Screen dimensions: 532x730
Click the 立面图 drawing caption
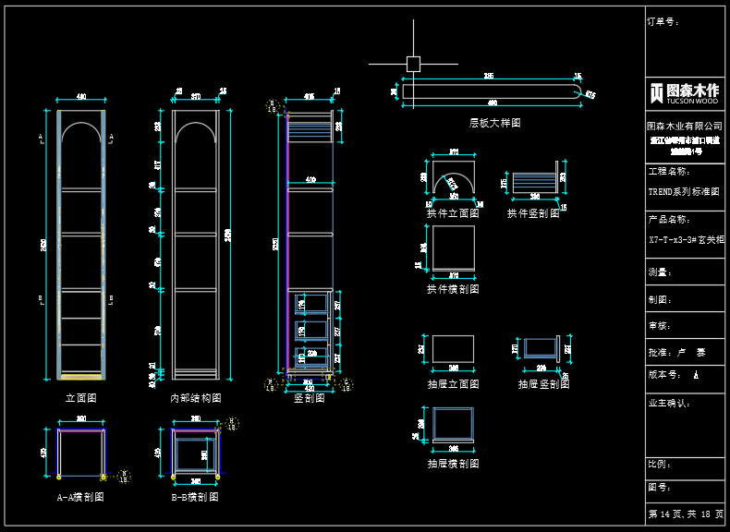tap(81, 398)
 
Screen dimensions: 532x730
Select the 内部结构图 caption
tap(196, 398)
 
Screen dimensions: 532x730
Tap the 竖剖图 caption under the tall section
tap(310, 398)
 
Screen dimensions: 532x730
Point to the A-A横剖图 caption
tap(80, 497)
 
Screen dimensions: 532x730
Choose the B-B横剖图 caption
tap(195, 497)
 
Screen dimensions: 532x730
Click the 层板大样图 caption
tap(495, 123)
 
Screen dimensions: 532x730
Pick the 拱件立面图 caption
tap(453, 213)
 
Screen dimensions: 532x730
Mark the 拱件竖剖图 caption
tap(533, 213)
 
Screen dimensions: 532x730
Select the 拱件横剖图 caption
tap(453, 289)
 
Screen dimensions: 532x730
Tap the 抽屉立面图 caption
tap(453, 384)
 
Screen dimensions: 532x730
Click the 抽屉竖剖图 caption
tap(543, 384)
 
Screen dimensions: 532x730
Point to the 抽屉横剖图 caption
tap(453, 464)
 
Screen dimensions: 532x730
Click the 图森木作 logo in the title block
tap(685, 91)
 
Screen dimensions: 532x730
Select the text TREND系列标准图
tap(684, 192)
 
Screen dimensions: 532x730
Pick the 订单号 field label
tap(663, 21)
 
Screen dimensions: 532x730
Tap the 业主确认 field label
tap(670, 404)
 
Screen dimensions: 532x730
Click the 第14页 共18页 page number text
tap(686, 514)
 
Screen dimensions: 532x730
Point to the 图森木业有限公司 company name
tap(685, 125)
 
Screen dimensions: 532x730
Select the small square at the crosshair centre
tap(413, 64)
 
